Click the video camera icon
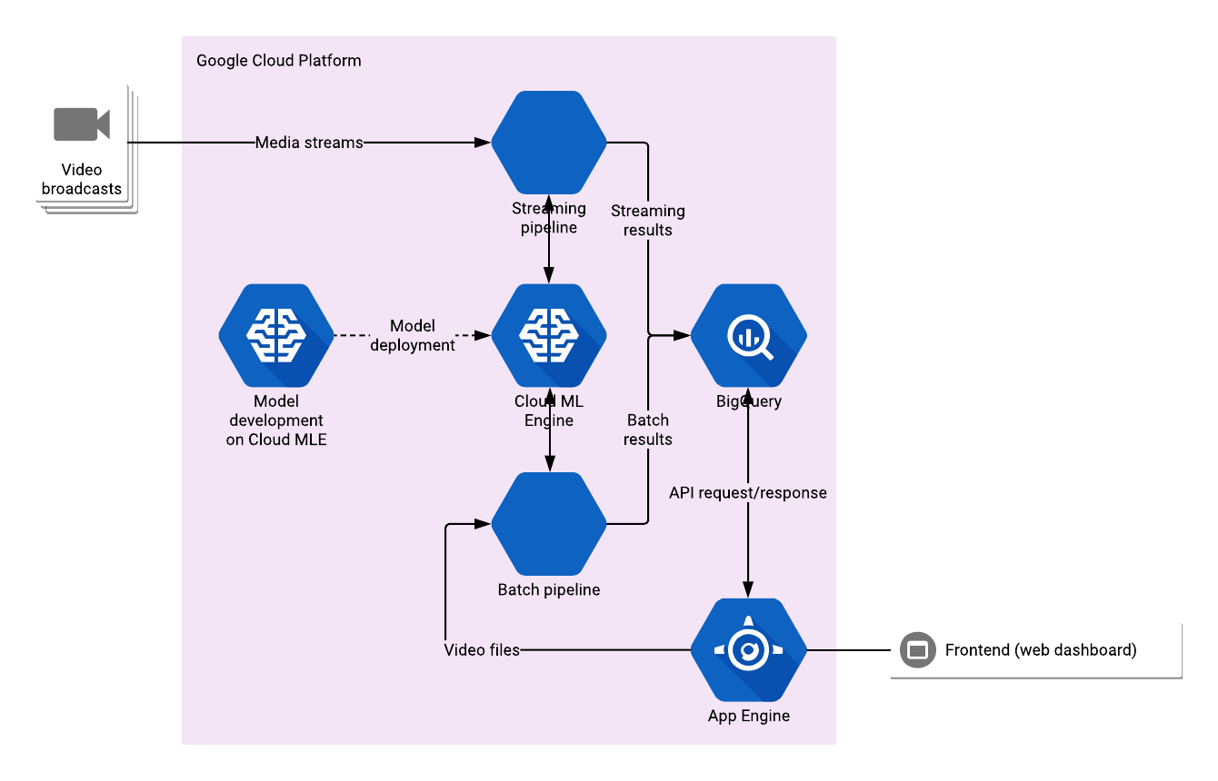(82, 124)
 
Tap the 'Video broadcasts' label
(82, 180)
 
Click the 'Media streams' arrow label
(309, 143)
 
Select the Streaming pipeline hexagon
(549, 142)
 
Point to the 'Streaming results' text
(648, 221)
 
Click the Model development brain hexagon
(276, 335)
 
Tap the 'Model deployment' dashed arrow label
(413, 335)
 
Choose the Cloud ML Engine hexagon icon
(549, 335)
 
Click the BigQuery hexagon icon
(748, 335)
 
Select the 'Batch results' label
(648, 430)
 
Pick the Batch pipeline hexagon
(549, 523)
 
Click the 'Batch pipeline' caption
(549, 590)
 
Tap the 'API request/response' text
(748, 493)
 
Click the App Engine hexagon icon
(748, 649)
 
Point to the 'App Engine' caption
(748, 716)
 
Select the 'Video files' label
(482, 650)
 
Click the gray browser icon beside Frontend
(917, 650)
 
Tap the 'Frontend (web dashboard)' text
(1041, 650)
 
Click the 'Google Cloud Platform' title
(278, 61)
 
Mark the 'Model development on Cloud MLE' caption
(276, 420)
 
